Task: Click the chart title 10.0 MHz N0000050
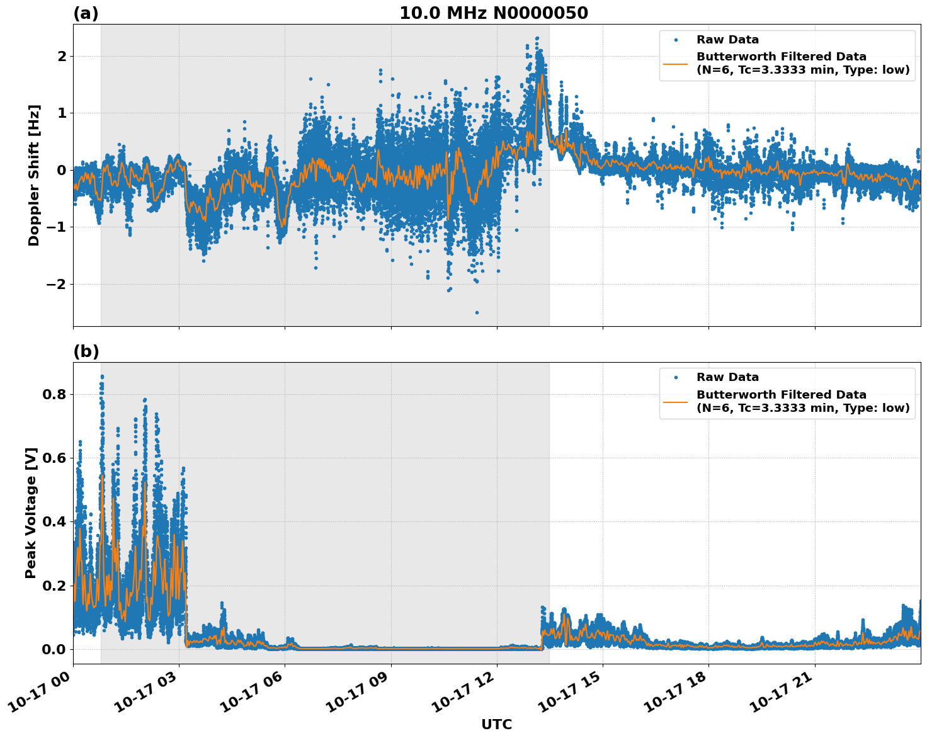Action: click(493, 13)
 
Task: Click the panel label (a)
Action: click(86, 13)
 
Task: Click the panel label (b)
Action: click(86, 351)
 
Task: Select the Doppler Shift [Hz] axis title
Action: click(33, 175)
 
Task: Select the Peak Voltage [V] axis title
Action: click(31, 513)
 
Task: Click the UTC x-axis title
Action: click(496, 724)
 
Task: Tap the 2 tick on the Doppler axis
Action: click(62, 56)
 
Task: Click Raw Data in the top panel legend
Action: click(727, 40)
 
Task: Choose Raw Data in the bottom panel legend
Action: click(727, 377)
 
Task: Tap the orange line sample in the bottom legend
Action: click(675, 401)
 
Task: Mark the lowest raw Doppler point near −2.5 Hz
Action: click(477, 312)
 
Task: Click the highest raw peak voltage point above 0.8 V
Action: click(102, 377)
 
